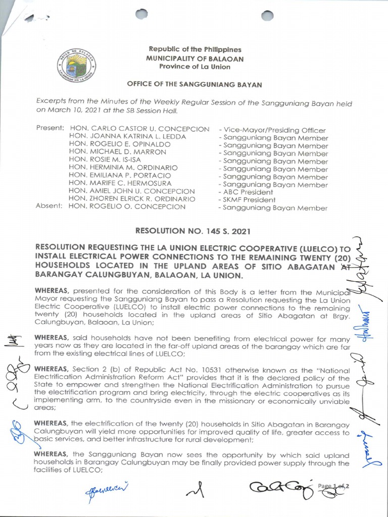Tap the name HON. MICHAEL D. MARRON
(x=118, y=152)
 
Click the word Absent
(x=50, y=206)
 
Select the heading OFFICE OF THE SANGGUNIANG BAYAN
(x=195, y=85)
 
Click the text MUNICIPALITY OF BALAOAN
(x=195, y=59)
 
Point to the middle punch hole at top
(x=142, y=15)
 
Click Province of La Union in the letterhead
(x=195, y=67)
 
